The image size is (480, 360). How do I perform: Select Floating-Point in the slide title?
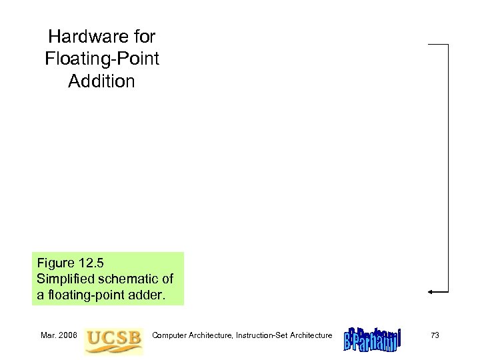102,59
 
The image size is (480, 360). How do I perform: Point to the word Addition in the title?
102,81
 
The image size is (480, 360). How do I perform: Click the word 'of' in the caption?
170,277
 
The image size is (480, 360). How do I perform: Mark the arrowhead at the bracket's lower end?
431,291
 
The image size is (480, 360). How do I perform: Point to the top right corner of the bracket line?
448,45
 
